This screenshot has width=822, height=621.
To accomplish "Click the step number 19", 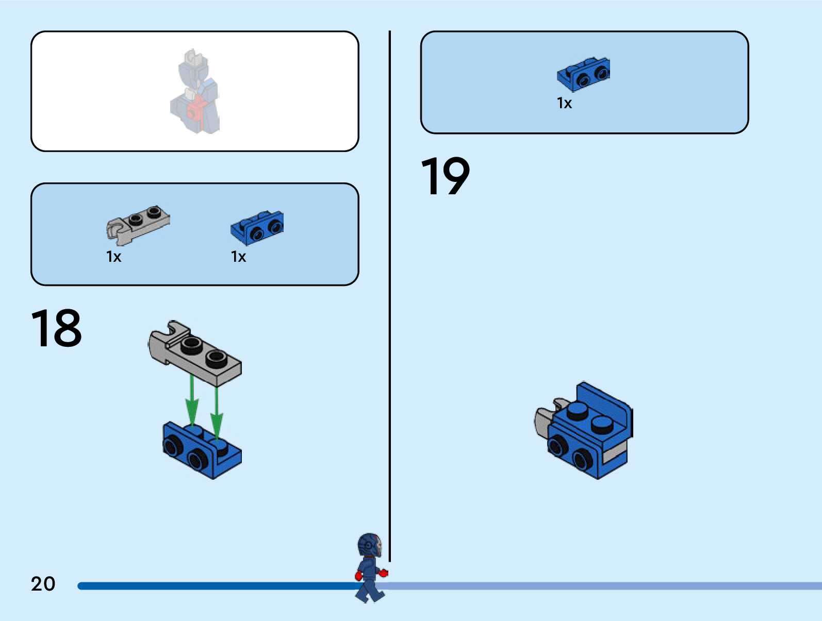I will (445, 176).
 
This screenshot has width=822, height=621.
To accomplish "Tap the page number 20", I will (43, 584).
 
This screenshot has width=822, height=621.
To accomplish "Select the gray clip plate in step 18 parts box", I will (138, 225).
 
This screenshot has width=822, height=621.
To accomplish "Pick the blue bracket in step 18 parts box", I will (257, 227).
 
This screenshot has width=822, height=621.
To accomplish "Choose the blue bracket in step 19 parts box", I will (583, 74).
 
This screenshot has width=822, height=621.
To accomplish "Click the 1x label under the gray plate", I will (113, 257).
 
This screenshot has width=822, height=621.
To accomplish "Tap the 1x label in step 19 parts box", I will (564, 104).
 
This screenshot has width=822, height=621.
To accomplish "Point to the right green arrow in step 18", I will (217, 410).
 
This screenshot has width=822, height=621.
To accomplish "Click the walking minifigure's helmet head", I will (369, 545).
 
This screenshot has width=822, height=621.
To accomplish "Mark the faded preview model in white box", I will (195, 93).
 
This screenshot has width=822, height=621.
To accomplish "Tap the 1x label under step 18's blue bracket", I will (238, 257).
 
